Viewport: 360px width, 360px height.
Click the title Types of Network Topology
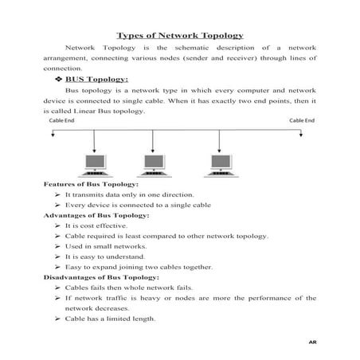[x=179, y=35]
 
